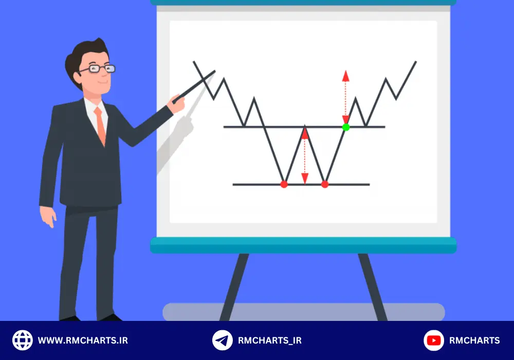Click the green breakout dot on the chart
coord(345,127)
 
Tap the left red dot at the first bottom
coord(284,185)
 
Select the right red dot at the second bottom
coord(324,185)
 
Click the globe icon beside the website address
coord(22,340)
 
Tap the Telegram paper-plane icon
coord(222,340)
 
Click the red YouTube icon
coord(433,340)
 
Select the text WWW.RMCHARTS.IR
coord(83,340)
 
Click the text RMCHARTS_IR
coord(269,340)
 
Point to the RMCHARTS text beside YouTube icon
coord(474,340)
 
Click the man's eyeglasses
coord(97,69)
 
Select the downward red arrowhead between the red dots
coord(304,178)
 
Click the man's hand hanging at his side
coord(48,217)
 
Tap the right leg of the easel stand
coord(373,286)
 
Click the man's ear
coord(78,78)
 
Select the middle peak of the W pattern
coord(304,126)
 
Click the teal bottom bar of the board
coord(303,245)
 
